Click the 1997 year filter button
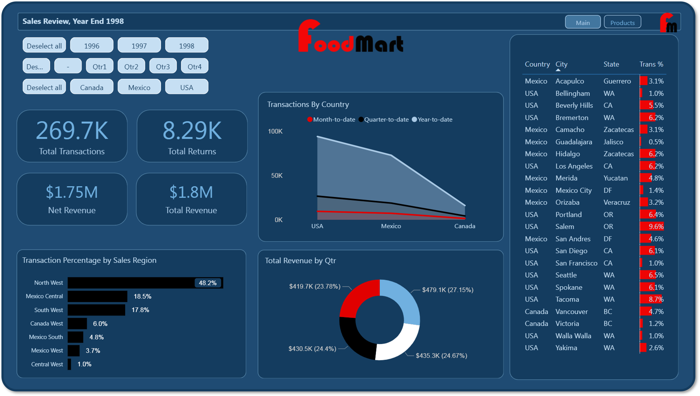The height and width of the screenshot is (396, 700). [139, 45]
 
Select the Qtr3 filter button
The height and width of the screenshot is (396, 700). [163, 66]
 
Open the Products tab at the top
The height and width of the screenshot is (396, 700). [622, 23]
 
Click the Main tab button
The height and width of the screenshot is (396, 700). [583, 23]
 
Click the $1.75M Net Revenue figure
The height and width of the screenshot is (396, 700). [72, 192]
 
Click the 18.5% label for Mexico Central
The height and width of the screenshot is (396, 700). [142, 296]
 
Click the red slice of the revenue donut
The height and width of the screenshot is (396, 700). [359, 298]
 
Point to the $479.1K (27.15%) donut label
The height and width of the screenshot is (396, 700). [448, 290]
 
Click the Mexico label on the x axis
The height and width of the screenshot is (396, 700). [391, 226]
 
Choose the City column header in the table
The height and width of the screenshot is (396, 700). [561, 64]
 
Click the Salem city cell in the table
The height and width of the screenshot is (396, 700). [565, 226]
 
